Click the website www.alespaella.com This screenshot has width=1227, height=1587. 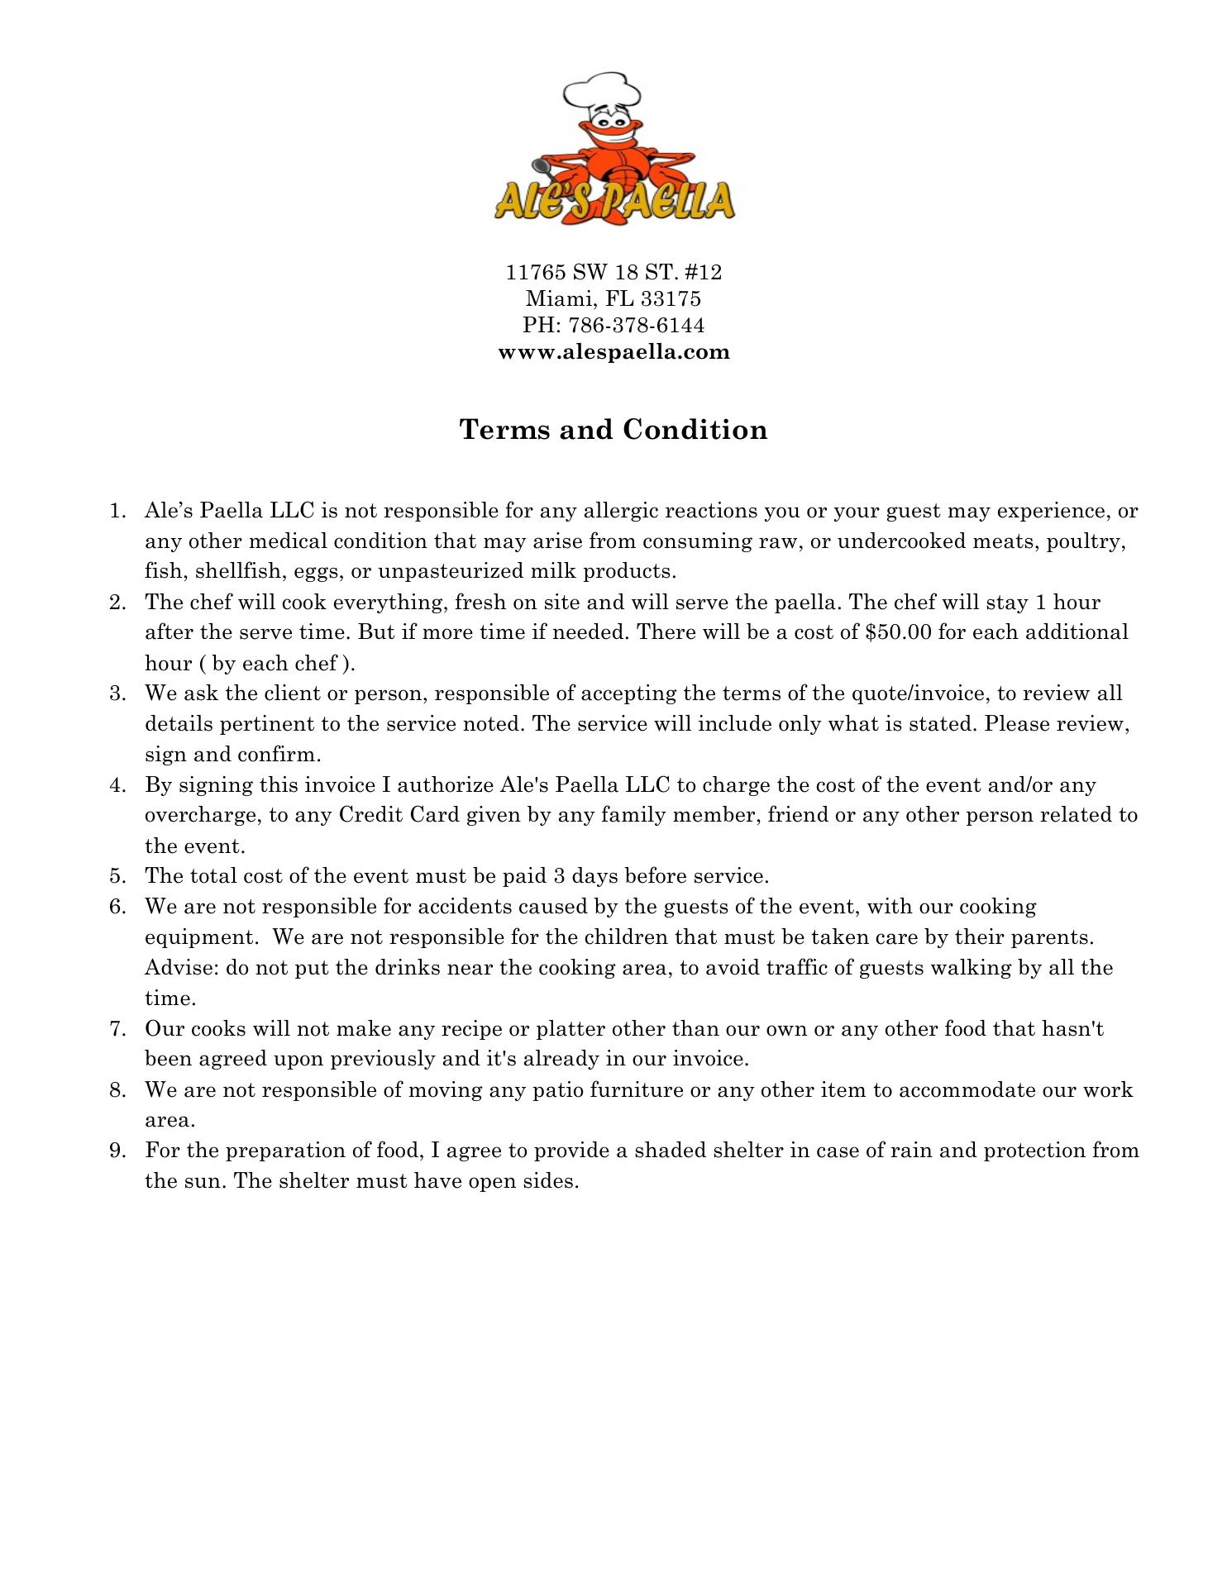point(613,352)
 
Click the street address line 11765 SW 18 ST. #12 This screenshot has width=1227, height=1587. point(613,272)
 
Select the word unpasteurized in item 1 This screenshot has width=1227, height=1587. point(447,571)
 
